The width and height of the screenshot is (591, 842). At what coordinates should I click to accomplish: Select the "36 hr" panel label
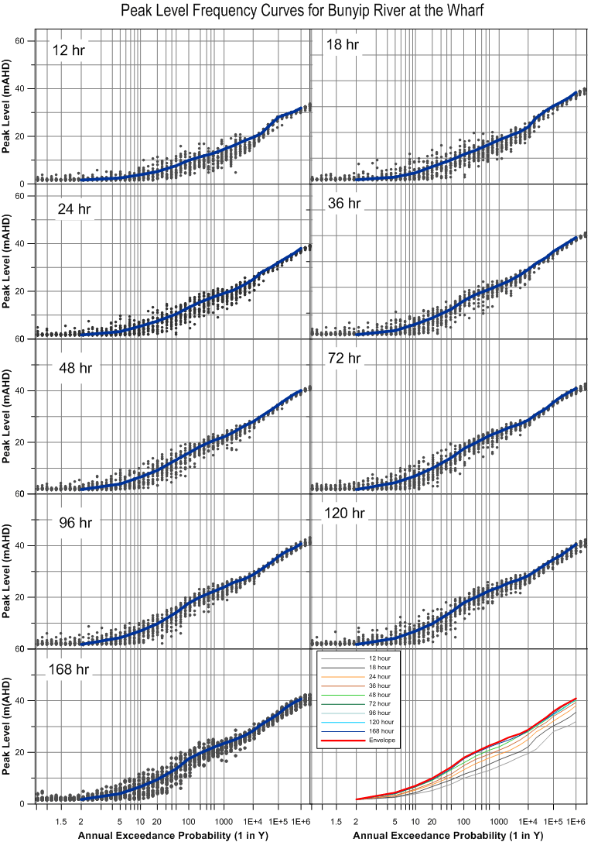pos(345,204)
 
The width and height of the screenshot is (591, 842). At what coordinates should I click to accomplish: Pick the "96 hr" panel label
pos(75,523)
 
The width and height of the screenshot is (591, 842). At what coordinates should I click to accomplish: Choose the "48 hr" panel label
pos(75,368)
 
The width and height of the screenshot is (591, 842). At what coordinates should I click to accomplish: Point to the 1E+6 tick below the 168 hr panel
pos(299,820)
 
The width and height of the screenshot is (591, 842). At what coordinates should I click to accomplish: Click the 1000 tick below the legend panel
pos(498,820)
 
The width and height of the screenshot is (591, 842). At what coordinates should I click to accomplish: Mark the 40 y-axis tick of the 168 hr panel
pos(28,700)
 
